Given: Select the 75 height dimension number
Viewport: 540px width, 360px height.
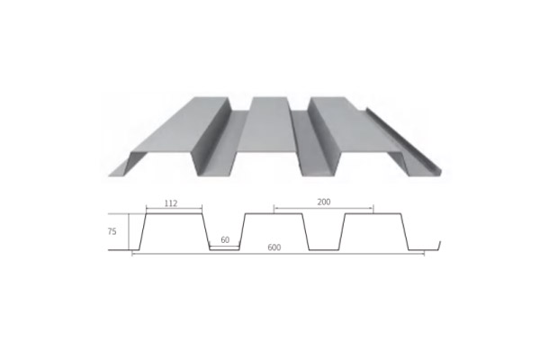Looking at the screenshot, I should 112,231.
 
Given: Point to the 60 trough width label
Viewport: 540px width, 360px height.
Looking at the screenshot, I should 225,240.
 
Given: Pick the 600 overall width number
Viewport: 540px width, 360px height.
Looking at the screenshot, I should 273,248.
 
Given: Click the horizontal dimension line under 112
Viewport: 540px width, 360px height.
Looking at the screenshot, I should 171,210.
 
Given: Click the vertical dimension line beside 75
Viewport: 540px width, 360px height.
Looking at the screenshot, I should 131,231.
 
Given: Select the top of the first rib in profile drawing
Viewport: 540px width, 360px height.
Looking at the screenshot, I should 171,215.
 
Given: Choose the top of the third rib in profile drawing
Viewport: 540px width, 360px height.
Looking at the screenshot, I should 373,215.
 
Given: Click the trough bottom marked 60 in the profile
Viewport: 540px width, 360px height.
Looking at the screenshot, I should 225,249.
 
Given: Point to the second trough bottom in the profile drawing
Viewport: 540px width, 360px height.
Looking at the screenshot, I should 325,250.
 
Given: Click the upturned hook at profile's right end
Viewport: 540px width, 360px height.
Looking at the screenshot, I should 440,245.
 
